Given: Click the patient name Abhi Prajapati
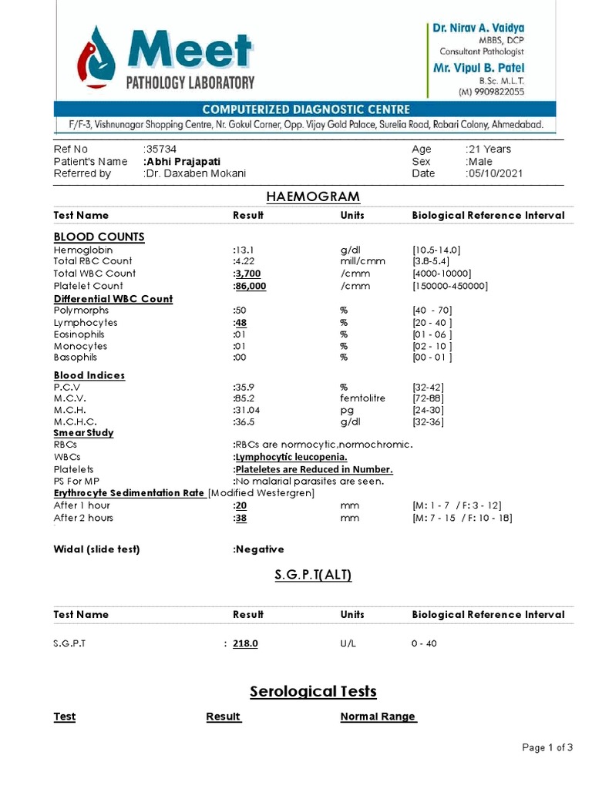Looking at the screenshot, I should click(x=183, y=162).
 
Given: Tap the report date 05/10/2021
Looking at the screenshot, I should click(x=495, y=174).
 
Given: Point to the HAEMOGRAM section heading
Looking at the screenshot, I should click(x=313, y=197).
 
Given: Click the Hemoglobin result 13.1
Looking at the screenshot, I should click(x=244, y=250).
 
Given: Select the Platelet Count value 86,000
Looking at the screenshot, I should click(x=251, y=286).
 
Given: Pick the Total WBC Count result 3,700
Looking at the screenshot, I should click(x=247, y=274).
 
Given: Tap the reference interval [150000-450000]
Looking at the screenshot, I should click(x=450, y=286).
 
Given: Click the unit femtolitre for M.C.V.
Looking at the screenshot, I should click(x=362, y=398).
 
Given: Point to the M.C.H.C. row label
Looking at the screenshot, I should click(x=76, y=422).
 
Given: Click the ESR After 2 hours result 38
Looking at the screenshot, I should click(x=240, y=518).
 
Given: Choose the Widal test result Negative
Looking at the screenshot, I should click(x=259, y=549).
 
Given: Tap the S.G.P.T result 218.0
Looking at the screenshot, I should click(x=245, y=643).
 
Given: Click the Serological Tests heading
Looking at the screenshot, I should click(x=313, y=691).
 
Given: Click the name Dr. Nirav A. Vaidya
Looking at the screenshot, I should click(x=478, y=28).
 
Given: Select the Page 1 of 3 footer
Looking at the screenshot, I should click(x=547, y=747).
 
